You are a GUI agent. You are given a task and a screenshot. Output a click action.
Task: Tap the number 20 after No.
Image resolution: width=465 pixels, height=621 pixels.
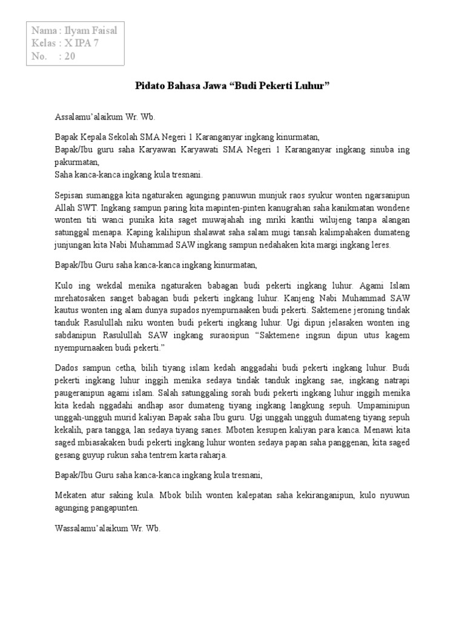pos(70,57)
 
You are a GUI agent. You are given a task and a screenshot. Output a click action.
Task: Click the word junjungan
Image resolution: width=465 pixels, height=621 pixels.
pos(74,245)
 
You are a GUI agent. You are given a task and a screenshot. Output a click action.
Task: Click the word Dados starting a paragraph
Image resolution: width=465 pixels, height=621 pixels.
pos(67,368)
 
